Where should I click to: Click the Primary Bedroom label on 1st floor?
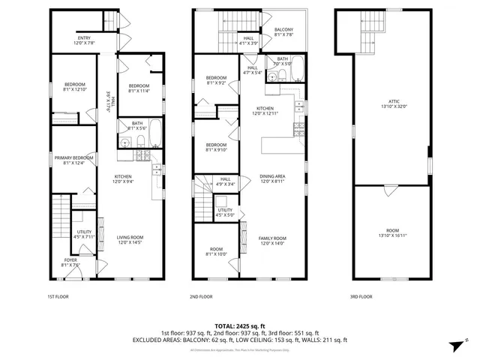click(x=73, y=160)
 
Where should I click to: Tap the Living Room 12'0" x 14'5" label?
click(x=130, y=240)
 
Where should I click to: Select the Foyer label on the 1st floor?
click(x=70, y=262)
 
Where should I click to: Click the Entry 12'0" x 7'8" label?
click(x=84, y=40)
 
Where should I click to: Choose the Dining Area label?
click(x=274, y=178)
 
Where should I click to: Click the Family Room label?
click(x=273, y=240)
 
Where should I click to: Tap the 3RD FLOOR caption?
click(x=361, y=296)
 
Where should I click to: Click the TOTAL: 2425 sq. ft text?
click(x=239, y=325)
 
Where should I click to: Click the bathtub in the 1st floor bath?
click(x=154, y=133)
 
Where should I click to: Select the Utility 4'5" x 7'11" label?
click(x=83, y=235)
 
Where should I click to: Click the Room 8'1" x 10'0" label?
click(x=216, y=252)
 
